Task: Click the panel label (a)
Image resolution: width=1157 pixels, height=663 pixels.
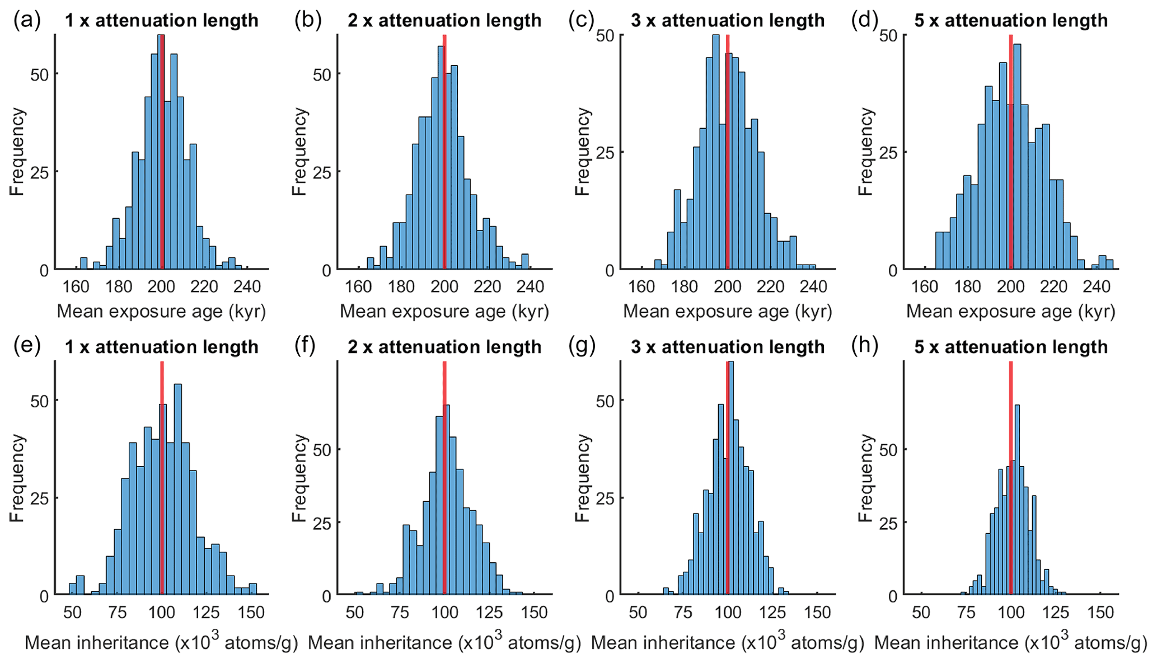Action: (27, 21)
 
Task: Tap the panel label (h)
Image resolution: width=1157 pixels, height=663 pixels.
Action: (864, 347)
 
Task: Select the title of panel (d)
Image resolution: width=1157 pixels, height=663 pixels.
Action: (1011, 21)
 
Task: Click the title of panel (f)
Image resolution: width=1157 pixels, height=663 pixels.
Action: (444, 347)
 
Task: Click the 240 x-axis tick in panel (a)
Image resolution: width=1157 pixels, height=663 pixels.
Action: (247, 287)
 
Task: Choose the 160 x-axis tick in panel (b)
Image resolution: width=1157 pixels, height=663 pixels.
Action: (358, 287)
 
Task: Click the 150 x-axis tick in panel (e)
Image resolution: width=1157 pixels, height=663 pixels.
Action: (251, 613)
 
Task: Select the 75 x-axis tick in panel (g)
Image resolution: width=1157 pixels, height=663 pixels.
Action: (682, 613)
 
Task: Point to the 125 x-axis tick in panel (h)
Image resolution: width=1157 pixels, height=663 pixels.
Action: (1055, 613)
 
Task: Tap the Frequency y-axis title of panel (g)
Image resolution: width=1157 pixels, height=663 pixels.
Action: (583, 478)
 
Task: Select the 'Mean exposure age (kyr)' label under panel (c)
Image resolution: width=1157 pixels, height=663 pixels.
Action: (727, 311)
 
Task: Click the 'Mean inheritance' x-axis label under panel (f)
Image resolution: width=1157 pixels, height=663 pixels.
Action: (444, 643)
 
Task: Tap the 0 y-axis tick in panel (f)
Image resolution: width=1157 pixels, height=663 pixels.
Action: (327, 596)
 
